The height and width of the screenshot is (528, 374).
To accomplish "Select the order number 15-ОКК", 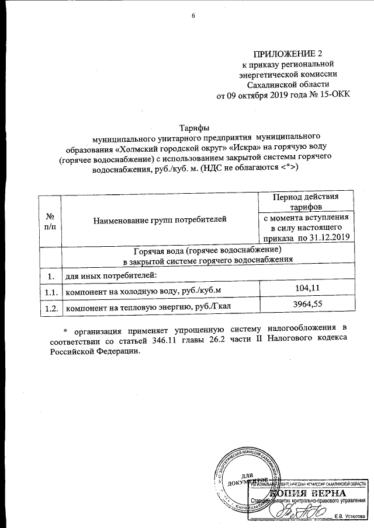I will pos(335,96).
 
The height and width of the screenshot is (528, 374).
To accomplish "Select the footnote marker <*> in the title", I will pos(288,168).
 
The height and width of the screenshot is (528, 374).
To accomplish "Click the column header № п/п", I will pos(49,221).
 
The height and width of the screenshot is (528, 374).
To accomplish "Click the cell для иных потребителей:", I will pos(110,275).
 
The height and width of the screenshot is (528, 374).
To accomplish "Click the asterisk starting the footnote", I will pos(65,328).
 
